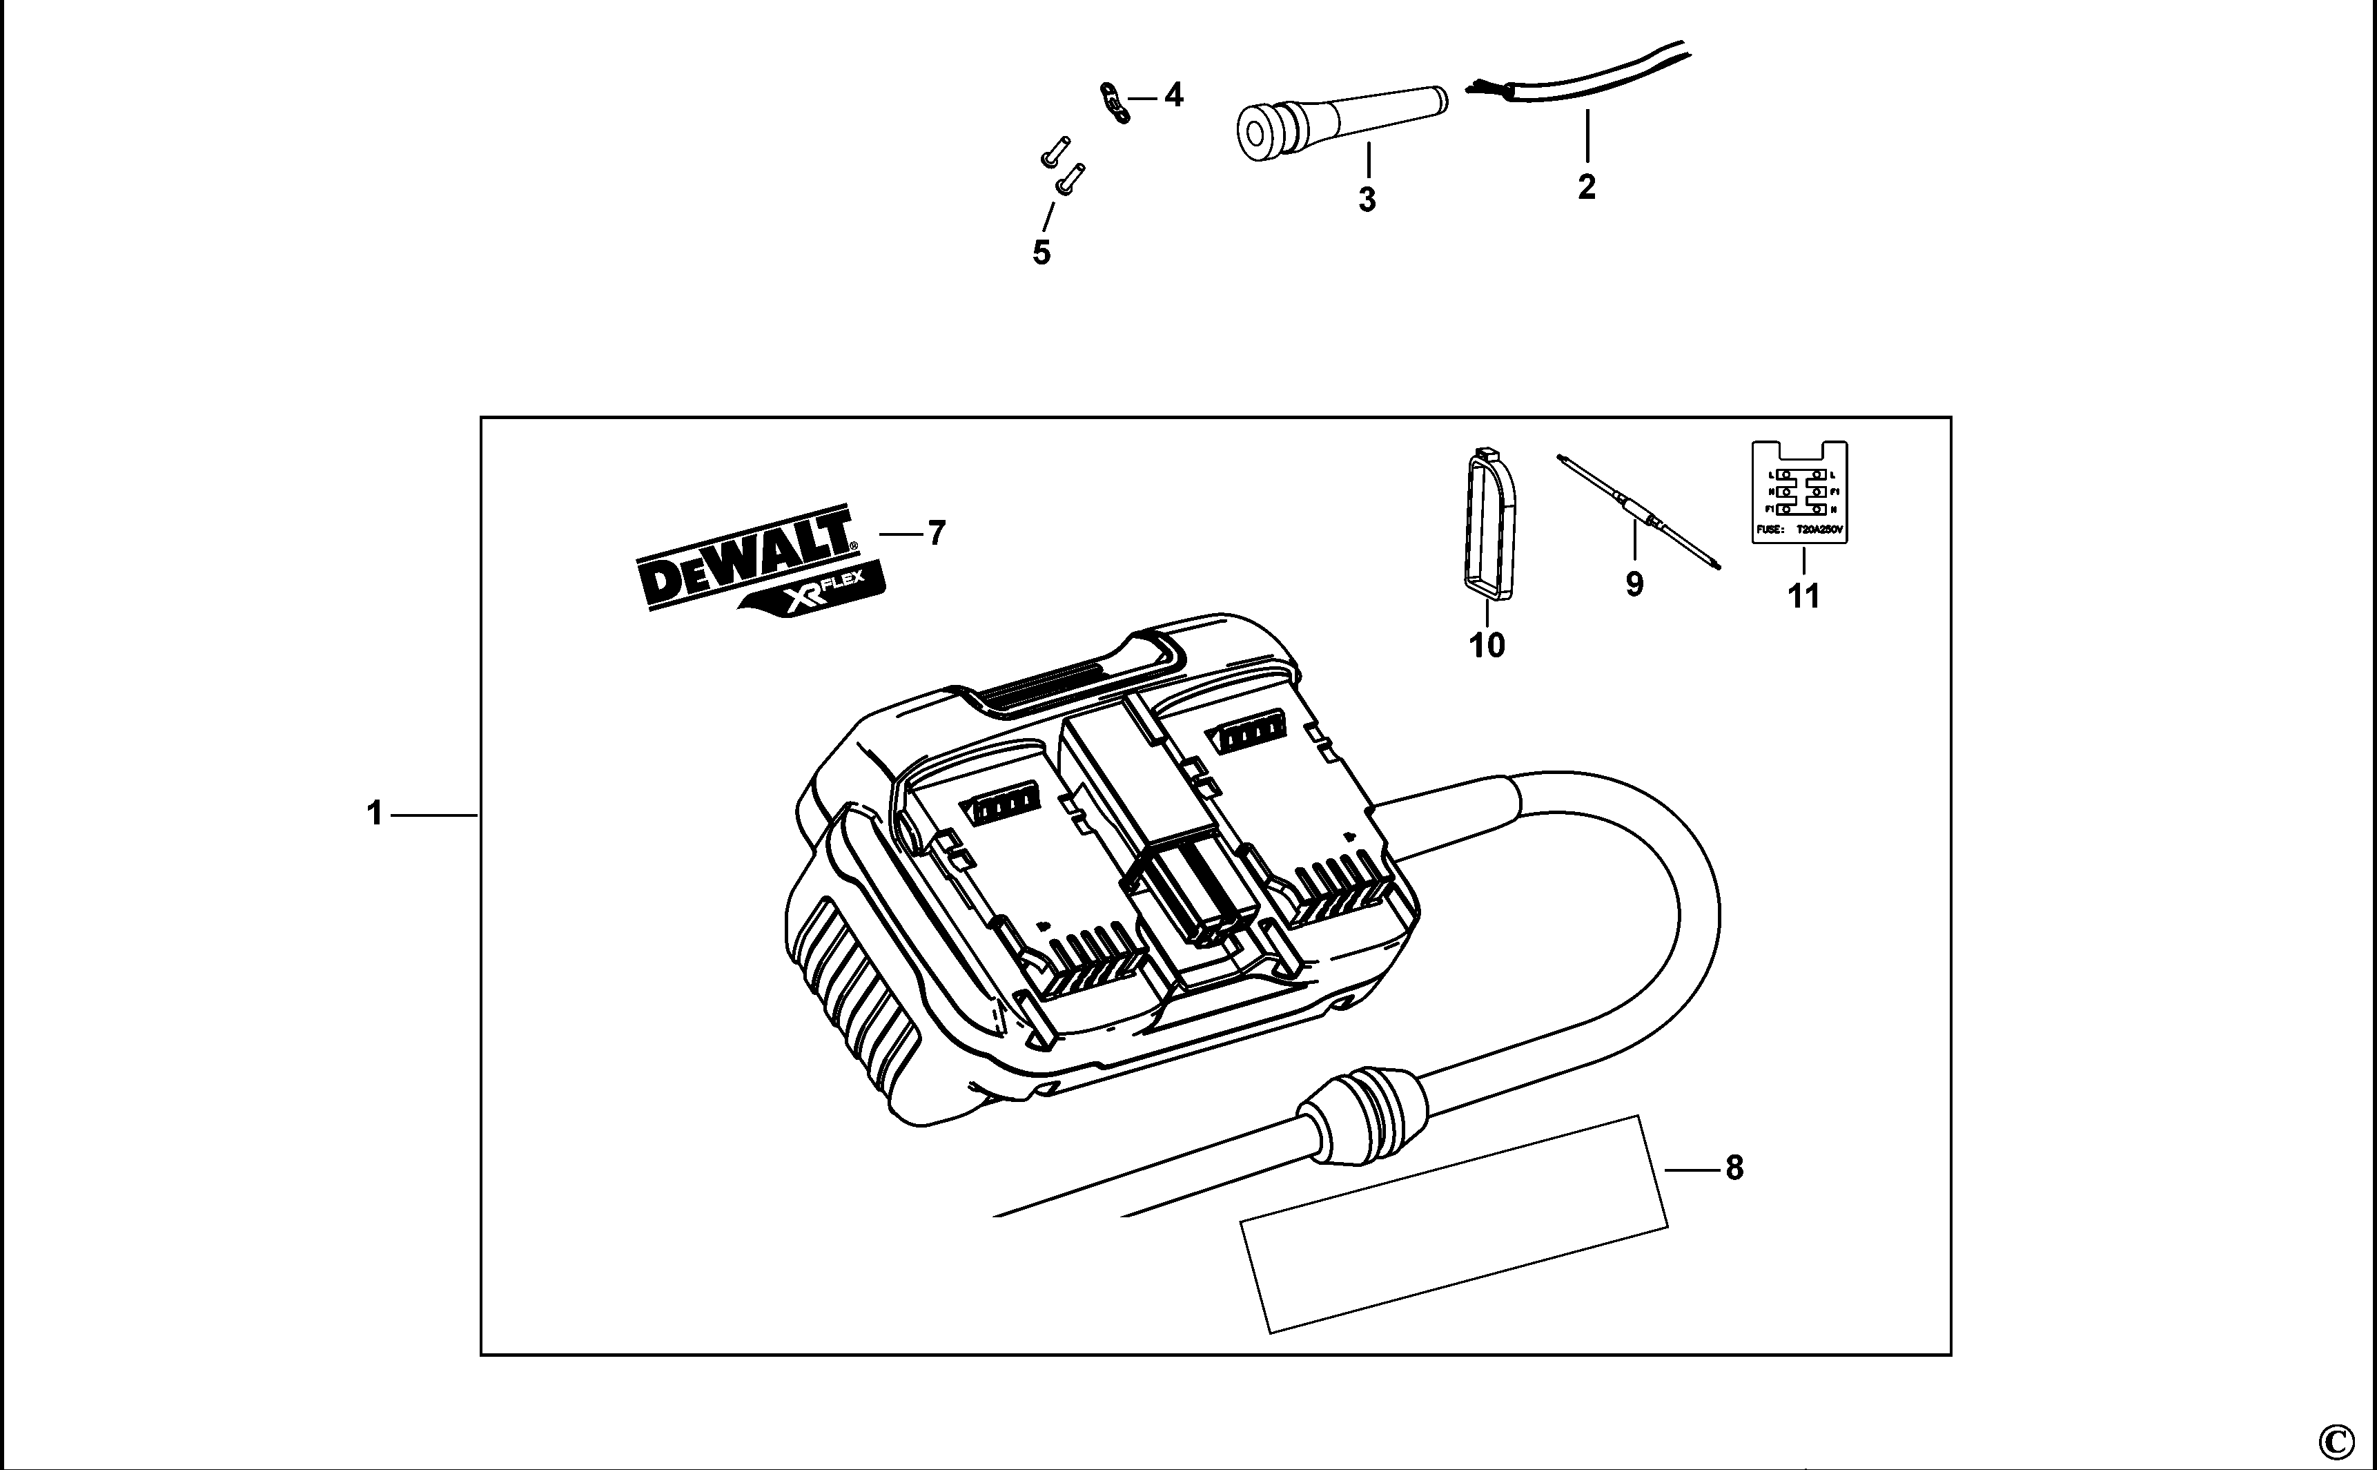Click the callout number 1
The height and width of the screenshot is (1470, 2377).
pos(375,814)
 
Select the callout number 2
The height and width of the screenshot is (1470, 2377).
pos(1586,186)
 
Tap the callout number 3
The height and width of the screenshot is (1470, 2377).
pos(1367,200)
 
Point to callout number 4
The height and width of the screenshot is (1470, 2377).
pos(1174,95)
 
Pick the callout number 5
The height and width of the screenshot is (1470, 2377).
pos(1041,253)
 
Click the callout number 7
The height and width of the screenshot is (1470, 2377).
pos(936,533)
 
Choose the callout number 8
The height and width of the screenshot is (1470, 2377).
pos(1734,1168)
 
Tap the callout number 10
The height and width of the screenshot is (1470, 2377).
pos(1487,645)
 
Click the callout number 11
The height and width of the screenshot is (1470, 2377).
pos(1803,595)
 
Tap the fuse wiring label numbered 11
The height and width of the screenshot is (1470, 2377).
pos(1799,493)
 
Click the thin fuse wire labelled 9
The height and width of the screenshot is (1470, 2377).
pos(1639,510)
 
